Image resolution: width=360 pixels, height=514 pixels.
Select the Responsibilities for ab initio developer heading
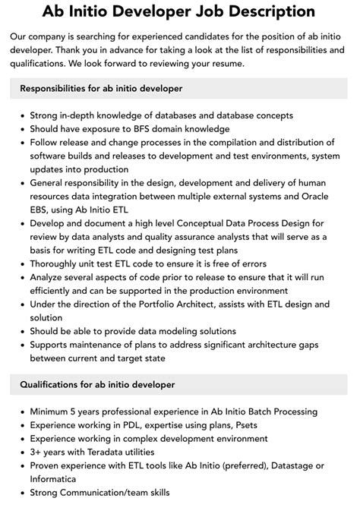tap(101, 89)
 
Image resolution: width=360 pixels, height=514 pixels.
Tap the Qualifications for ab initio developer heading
tap(97, 385)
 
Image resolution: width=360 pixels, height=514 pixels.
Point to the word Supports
tap(52, 344)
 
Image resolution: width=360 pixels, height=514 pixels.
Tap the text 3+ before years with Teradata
tap(37, 451)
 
